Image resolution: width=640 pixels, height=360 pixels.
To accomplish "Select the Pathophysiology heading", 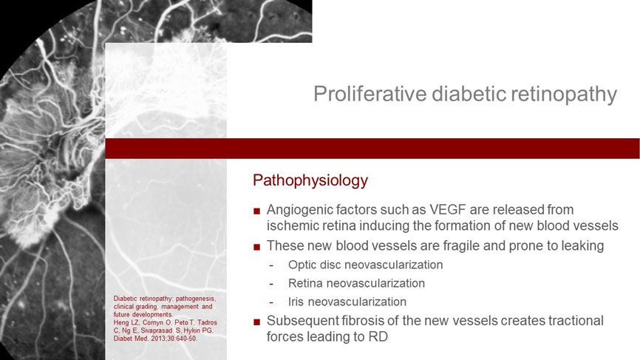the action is pos(310,180).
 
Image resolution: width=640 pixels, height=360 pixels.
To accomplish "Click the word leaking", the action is pos(582,245).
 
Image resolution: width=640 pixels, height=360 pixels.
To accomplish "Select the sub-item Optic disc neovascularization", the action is pos(365,265).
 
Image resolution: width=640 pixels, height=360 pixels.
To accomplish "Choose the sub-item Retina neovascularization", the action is pos(356,283).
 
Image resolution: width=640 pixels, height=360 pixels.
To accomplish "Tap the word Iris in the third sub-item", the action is pos(296,302).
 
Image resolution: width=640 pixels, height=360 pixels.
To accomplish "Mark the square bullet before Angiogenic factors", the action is pos(256,211).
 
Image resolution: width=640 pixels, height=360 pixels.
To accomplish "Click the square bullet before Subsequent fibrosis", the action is pos(256,322).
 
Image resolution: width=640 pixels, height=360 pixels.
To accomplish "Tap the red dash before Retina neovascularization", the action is pos(271,284).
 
